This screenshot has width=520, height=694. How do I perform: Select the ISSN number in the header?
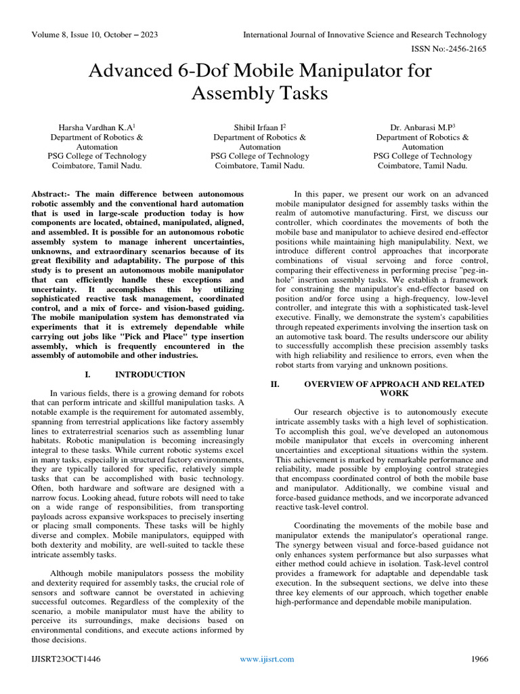(450, 48)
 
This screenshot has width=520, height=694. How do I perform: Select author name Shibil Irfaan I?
(259, 126)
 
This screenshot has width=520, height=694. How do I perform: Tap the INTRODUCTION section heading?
(150, 374)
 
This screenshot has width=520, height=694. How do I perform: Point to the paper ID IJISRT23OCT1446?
(66, 659)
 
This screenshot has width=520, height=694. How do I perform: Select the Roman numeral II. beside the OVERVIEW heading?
(275, 384)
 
